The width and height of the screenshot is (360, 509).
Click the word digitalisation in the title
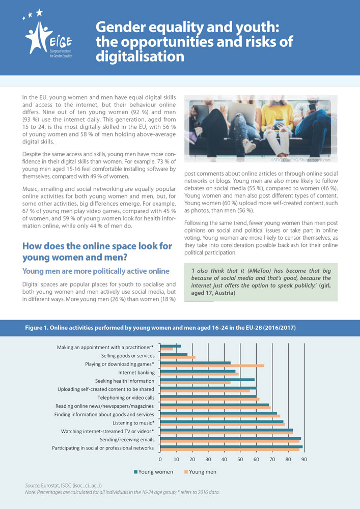140,56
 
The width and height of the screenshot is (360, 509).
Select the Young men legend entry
203,472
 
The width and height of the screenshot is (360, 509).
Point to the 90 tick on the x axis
304,459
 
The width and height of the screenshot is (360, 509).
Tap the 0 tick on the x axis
160,459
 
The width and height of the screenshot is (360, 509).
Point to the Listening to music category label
133,422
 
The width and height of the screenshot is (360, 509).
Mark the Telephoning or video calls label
126,398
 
